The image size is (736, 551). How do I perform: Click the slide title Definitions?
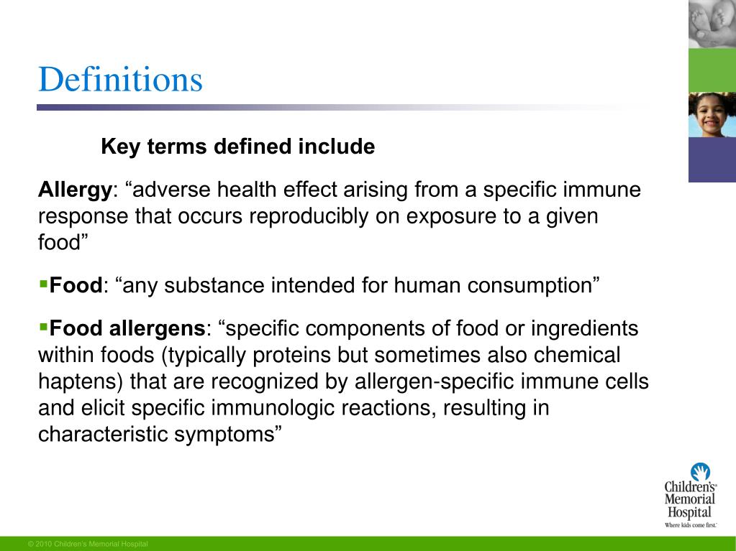[120, 80]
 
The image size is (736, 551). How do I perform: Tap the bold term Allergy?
[73, 190]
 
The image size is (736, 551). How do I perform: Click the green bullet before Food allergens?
[42, 328]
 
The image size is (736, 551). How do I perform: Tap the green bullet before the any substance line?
[42, 284]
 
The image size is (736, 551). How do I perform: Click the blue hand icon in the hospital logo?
[700, 472]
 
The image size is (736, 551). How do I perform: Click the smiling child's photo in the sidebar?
[712, 114]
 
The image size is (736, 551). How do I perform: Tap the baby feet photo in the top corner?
[712, 24]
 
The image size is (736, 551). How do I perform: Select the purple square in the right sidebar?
[712, 159]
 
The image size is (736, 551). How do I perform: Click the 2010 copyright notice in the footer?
[87, 544]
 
